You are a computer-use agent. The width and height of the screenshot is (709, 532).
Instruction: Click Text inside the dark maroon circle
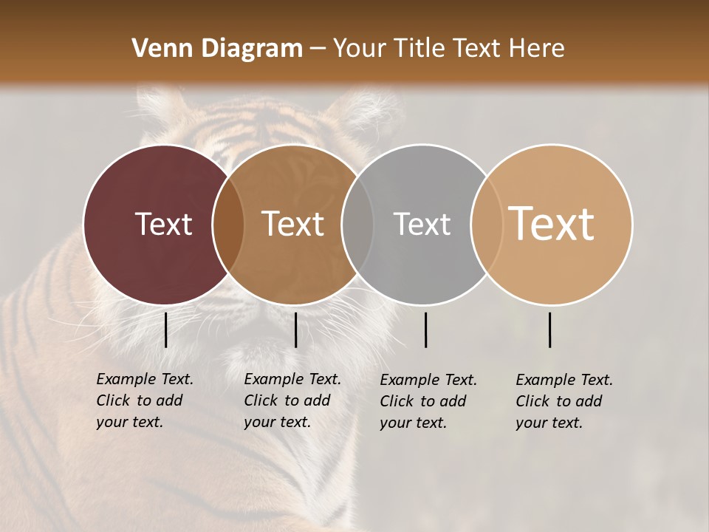coord(163,224)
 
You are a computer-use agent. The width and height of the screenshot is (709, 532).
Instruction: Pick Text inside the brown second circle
coord(293,224)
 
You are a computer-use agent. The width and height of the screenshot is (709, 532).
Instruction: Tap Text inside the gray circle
coord(422,224)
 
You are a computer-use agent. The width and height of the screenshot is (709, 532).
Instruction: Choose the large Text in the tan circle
coord(552,223)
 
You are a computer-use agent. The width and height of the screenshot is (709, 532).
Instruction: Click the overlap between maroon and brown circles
coord(228,224)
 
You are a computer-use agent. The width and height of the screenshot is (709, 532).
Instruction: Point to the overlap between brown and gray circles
coord(357,224)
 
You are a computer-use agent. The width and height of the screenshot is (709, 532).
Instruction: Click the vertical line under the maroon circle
coord(165,330)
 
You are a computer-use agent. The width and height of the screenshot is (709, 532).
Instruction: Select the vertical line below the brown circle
coord(295,330)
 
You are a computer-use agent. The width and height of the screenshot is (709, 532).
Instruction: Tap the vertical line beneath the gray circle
coord(425,330)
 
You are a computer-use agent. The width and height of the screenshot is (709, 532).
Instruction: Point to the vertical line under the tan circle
coord(549,330)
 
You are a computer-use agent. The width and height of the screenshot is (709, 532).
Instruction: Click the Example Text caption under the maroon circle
coord(144,400)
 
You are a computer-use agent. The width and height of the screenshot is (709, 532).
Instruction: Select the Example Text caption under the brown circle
coord(292,400)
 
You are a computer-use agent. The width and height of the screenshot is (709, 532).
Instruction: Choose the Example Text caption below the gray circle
coord(428,401)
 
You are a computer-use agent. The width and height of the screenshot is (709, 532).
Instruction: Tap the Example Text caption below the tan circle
coord(564,401)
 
